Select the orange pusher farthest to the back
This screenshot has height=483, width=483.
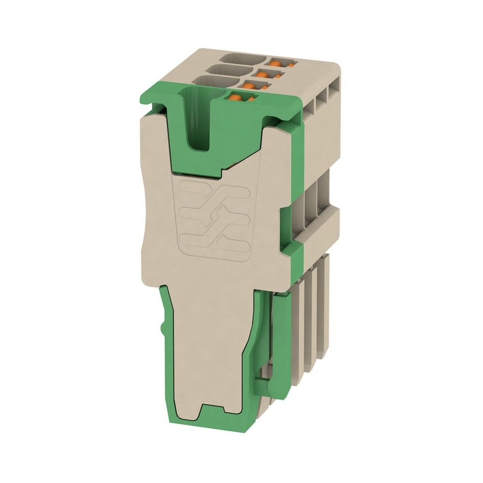276,63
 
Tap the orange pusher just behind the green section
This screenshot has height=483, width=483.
248,86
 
